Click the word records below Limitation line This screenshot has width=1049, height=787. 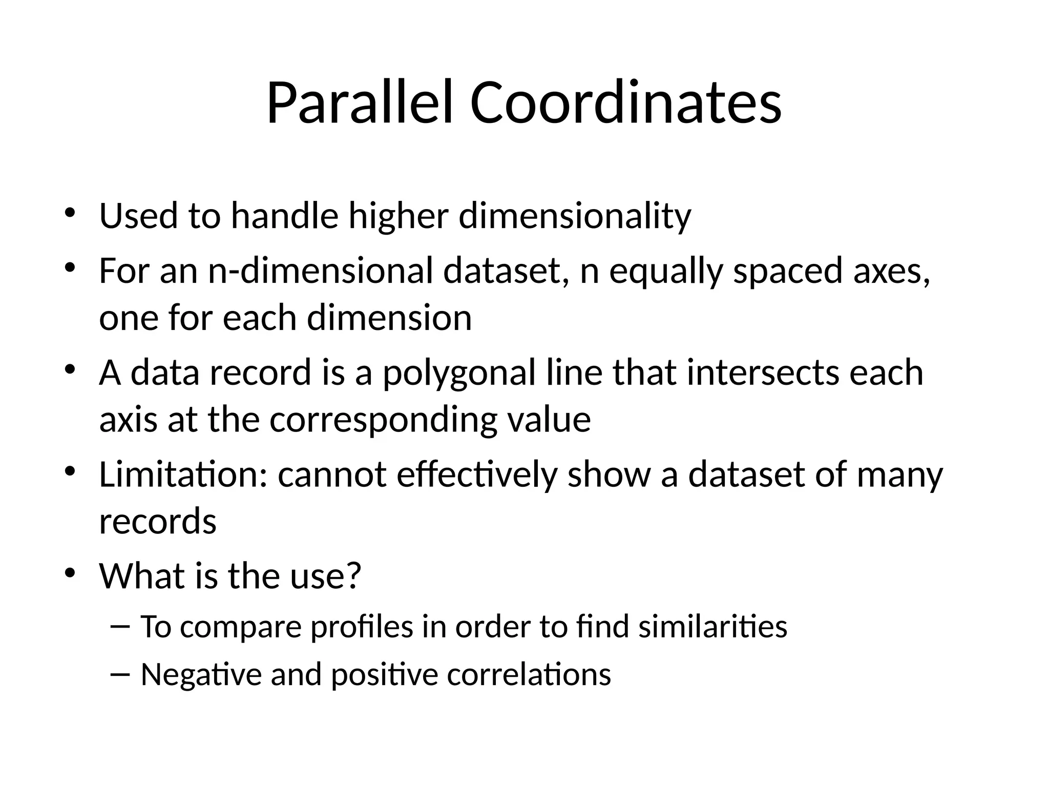point(158,522)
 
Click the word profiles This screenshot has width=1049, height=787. point(362,627)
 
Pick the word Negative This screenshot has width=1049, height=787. point(201,674)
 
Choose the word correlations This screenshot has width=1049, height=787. point(529,674)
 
